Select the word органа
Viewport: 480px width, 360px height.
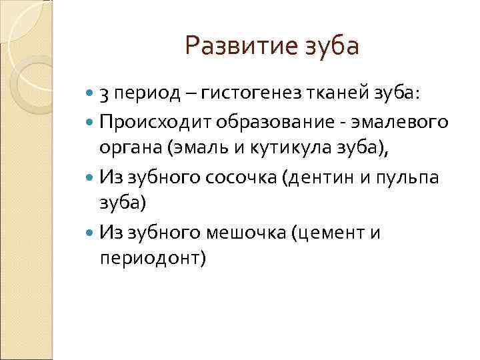tap(124, 149)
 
